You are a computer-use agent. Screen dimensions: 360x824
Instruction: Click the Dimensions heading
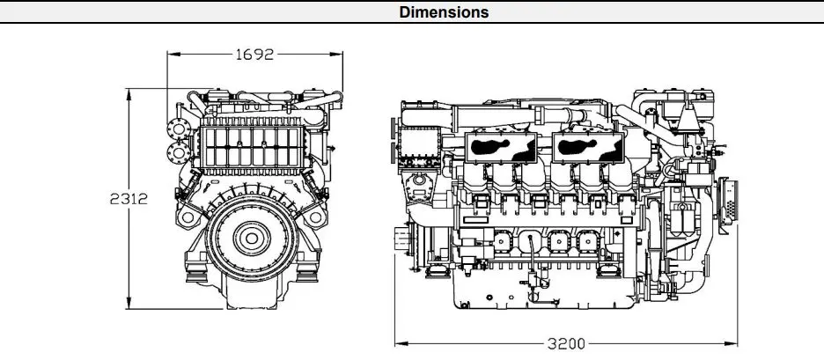click(x=445, y=12)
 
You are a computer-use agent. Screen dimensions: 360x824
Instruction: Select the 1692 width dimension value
click(x=254, y=54)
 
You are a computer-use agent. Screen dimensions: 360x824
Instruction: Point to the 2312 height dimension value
click(x=129, y=199)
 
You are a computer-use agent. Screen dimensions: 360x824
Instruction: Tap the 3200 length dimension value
click(x=566, y=343)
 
